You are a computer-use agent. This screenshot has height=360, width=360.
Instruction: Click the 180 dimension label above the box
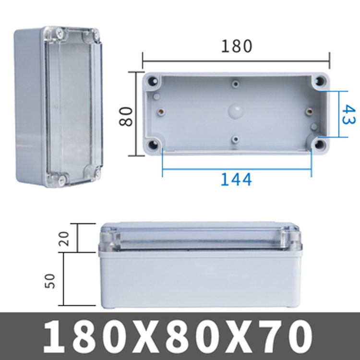point(237,46)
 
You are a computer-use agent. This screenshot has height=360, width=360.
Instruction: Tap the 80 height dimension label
point(126,117)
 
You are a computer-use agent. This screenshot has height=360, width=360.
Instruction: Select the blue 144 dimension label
point(236,180)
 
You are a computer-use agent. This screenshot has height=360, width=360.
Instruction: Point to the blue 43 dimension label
point(349,114)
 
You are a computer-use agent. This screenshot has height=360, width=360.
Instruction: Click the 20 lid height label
point(63,239)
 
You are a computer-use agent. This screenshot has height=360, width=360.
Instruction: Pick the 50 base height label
point(50,281)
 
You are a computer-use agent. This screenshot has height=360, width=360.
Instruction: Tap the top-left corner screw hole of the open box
point(153,81)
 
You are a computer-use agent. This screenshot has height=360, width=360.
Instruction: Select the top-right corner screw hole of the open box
point(320,81)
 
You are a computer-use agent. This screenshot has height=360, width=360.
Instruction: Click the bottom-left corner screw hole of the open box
point(153,144)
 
